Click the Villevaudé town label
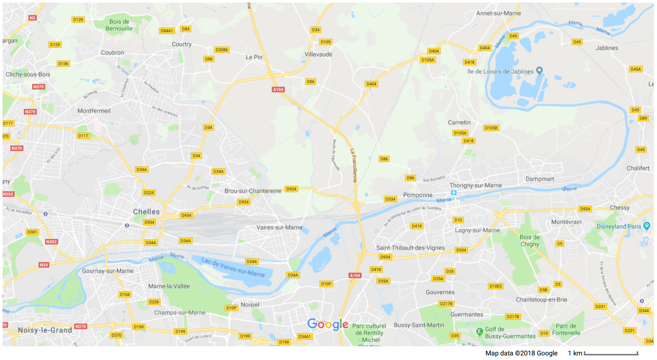pyautogui.click(x=318, y=54)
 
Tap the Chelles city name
pyautogui.click(x=146, y=212)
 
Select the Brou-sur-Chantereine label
pyautogui.click(x=253, y=191)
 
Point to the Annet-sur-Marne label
pyautogui.click(x=498, y=13)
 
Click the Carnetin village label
pyautogui.click(x=459, y=123)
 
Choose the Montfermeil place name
pyautogui.click(x=94, y=110)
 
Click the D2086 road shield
pyautogui.click(x=222, y=49)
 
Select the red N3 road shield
pyautogui.click(x=33, y=18)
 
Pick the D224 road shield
pyautogui.click(x=149, y=193)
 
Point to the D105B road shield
pyautogui.click(x=491, y=128)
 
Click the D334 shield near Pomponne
pyautogui.click(x=390, y=199)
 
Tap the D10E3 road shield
pyautogui.click(x=495, y=286)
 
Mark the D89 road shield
pyautogui.click(x=643, y=118)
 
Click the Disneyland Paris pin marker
pyautogui.click(x=646, y=225)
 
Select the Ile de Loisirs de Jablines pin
pyautogui.click(x=540, y=71)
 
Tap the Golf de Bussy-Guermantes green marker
pyautogui.click(x=479, y=332)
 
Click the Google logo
pyautogui.click(x=328, y=324)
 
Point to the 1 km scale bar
pyautogui.click(x=611, y=353)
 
